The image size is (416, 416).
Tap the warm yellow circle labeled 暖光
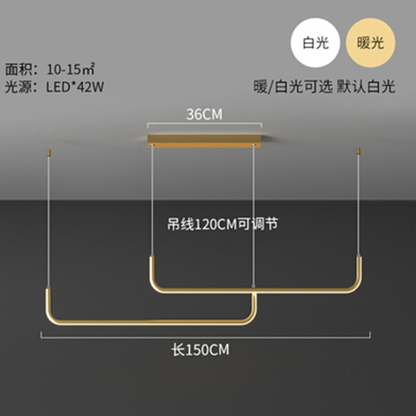click(370, 43)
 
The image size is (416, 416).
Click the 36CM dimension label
click(204, 114)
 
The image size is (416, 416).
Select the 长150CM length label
click(200, 350)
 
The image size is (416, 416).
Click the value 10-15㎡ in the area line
click(71, 69)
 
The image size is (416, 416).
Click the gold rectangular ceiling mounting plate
click(204, 140)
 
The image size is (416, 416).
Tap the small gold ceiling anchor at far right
click(358, 152)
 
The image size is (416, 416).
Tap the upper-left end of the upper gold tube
click(152, 259)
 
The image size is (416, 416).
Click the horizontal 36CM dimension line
click(204, 124)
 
